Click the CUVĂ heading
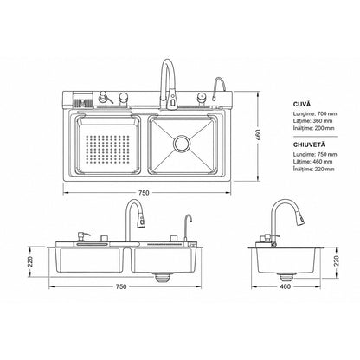coord(302,104)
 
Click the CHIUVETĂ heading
coord(309,145)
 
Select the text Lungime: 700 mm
coord(315,113)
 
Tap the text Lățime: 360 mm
coord(312,121)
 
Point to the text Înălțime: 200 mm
coord(314,128)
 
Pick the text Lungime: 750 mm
coord(315,154)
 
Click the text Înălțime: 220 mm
coord(314,169)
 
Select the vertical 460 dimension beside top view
coord(258,135)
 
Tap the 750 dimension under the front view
coord(121,286)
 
